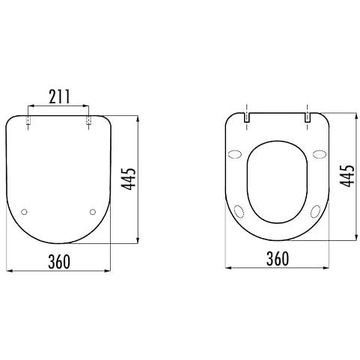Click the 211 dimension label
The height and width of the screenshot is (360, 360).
[x=60, y=97]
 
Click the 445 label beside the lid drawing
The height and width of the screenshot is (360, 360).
[x=129, y=179]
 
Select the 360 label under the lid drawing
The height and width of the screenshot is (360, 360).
[x=59, y=262]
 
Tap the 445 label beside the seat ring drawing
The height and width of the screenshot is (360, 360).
[x=347, y=176]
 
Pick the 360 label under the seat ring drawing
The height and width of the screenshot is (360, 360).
[x=278, y=258]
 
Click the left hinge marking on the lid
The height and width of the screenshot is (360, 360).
[x=28, y=120]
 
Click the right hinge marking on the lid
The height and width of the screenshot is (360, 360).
[x=88, y=120]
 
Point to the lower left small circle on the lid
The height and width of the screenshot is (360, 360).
[x=24, y=212]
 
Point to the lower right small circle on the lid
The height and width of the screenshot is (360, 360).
[x=93, y=212]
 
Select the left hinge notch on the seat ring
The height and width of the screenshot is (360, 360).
[x=246, y=118]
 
